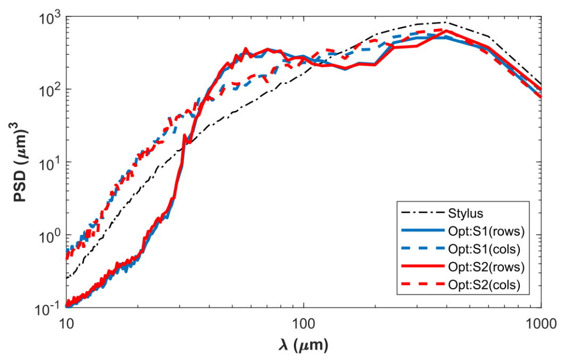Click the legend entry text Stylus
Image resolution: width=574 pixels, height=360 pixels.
pyautogui.click(x=466, y=214)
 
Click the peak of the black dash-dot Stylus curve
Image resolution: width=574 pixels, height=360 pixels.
pyautogui.click(x=446, y=22)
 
